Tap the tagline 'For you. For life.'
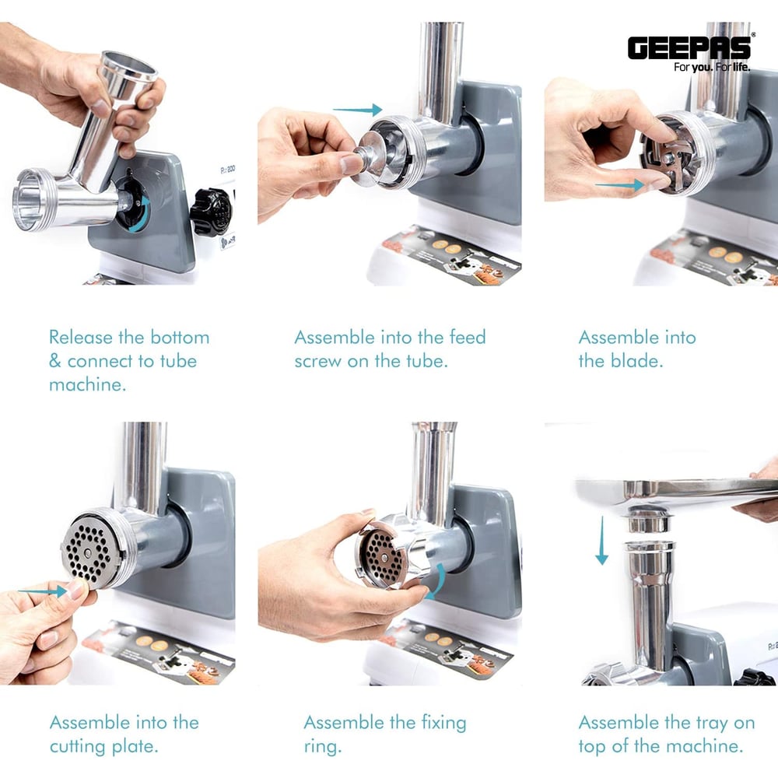click(x=712, y=67)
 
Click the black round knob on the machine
click(x=212, y=212)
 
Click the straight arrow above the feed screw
click(x=357, y=109)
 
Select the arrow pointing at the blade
click(x=619, y=186)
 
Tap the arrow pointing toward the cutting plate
click(x=43, y=591)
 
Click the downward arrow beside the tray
click(x=602, y=541)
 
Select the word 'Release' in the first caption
click(x=81, y=338)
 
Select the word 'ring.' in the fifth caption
click(x=323, y=747)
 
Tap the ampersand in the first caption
click(x=55, y=361)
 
